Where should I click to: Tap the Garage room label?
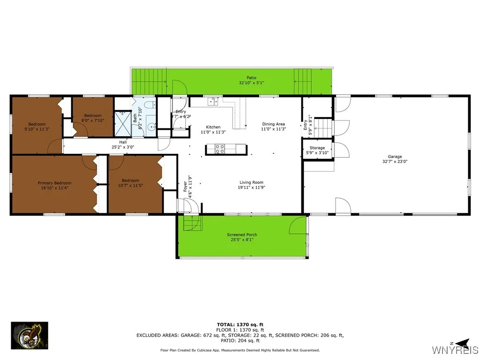pos(395,157)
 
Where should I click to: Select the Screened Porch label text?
pos(242,235)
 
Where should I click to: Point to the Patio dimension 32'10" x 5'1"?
pos(251,83)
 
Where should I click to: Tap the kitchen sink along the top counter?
pos(213,101)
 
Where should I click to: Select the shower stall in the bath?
pos(123,123)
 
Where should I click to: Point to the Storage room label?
pos(317,148)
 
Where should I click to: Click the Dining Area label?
pos(273,124)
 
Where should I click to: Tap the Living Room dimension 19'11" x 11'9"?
pos(251,187)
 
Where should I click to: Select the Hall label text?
pos(123,142)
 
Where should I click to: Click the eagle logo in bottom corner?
pos(30,336)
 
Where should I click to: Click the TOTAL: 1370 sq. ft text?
pos(240,324)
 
